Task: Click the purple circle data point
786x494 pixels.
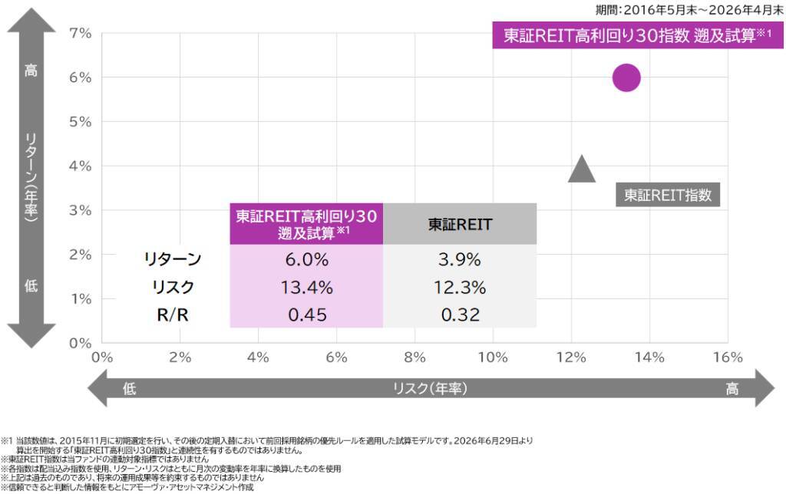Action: (626, 77)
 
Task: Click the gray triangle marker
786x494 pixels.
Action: (582, 169)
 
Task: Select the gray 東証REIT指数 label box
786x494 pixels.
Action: (668, 195)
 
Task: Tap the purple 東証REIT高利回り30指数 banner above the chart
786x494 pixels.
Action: (638, 35)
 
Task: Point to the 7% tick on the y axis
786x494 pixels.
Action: (80, 34)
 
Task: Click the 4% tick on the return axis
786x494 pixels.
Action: (80, 166)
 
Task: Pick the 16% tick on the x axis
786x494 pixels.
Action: (728, 357)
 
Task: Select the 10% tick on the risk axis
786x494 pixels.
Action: (494, 357)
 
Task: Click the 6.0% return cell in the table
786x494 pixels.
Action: (307, 259)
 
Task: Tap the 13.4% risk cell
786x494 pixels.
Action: (307, 287)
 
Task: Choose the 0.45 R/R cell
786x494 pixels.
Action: (307, 315)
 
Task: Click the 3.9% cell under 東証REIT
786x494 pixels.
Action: (460, 259)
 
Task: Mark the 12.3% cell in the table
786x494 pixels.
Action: (460, 287)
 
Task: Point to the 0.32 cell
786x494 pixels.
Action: (460, 315)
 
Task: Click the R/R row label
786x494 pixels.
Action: (173, 315)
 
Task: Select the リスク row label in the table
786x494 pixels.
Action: (173, 287)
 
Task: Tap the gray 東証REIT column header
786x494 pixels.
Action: (460, 224)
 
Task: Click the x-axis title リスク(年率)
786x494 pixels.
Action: (430, 388)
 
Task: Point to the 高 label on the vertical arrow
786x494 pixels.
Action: (31, 70)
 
